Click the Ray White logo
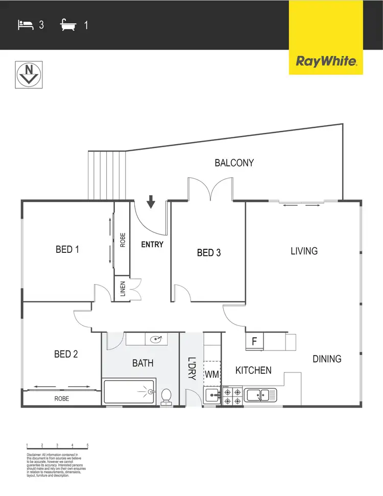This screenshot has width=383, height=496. [326, 61]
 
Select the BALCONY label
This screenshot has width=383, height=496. [234, 163]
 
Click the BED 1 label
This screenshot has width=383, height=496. [67, 250]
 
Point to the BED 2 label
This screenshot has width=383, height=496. [66, 353]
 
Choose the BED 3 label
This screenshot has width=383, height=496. [209, 252]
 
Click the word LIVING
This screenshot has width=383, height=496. [304, 251]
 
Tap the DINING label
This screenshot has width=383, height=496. [327, 359]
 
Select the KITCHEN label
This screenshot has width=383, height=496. [253, 370]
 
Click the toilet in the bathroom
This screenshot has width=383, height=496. [166, 396]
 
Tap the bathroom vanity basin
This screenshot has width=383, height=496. [156, 338]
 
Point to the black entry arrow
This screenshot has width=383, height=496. [151, 202]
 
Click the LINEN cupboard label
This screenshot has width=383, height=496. [122, 289]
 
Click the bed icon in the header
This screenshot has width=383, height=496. [25, 24]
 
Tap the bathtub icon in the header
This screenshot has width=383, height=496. [68, 24]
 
